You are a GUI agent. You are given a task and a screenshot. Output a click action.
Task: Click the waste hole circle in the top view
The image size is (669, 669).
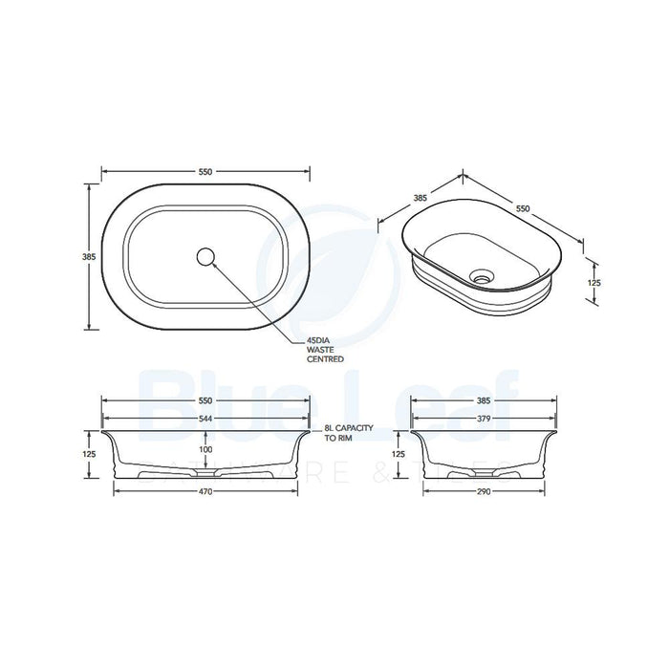click(205, 255)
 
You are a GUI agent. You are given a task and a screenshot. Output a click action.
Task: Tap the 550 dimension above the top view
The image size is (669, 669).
click(205, 172)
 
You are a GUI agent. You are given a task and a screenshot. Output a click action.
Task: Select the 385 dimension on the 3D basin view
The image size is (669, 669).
click(418, 199)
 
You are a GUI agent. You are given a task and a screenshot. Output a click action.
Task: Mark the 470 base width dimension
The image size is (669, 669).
click(205, 491)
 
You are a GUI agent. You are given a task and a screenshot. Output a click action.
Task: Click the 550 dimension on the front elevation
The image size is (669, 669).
click(205, 401)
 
